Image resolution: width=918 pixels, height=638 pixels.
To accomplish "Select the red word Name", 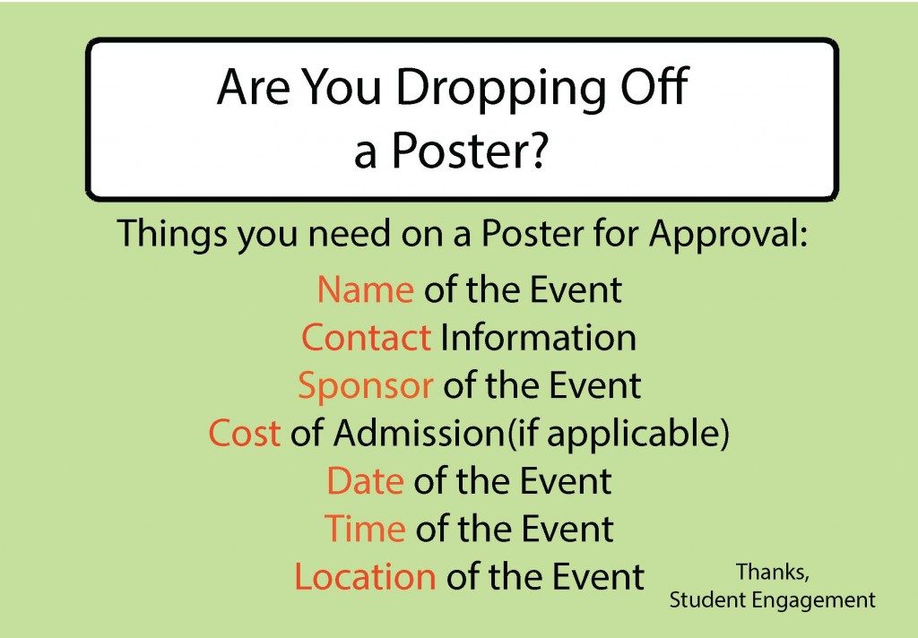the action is (366, 289).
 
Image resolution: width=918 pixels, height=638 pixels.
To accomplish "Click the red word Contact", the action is (367, 337).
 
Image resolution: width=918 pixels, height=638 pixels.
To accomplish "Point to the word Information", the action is (538, 337).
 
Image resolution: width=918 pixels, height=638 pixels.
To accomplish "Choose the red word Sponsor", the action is (366, 386).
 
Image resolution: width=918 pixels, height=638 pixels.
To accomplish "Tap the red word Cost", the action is (244, 433).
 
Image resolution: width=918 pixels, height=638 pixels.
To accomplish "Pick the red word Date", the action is (366, 481).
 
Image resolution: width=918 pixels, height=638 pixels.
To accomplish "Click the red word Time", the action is (365, 529).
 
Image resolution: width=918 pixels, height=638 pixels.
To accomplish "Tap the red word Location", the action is (365, 576).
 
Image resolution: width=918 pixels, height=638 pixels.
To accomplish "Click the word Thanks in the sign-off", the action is (772, 573).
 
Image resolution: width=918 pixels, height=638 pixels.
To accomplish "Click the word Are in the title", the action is (253, 88).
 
